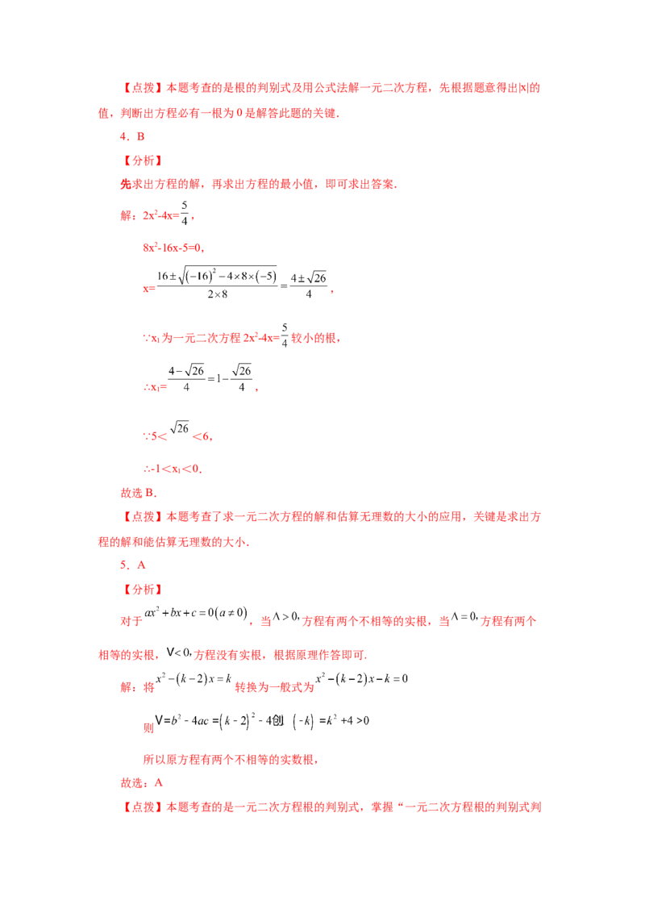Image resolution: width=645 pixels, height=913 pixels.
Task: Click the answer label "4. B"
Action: tap(132, 137)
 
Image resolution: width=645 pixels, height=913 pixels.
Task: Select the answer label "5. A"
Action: tap(133, 565)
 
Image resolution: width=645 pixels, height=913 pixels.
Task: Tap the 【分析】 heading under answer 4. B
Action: tap(142, 161)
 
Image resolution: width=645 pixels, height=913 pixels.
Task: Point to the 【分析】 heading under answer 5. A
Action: tap(142, 590)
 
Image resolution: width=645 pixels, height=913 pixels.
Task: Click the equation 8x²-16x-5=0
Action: tap(173, 248)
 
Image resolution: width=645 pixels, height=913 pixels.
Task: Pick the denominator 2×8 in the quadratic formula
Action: tap(218, 294)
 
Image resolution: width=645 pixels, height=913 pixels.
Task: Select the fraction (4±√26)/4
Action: tap(309, 285)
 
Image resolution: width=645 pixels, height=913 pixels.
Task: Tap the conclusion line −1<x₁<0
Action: tap(173, 469)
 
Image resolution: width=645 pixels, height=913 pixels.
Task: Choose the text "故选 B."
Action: tap(139, 493)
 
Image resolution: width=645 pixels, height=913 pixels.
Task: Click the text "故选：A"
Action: tap(141, 783)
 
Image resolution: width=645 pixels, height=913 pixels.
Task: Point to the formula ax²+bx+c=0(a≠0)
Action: tap(196, 613)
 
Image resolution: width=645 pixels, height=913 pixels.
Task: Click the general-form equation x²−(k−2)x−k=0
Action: tap(361, 679)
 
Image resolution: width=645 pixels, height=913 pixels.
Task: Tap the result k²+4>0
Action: tap(347, 721)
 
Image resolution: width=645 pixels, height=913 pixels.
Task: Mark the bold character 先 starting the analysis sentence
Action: tap(127, 185)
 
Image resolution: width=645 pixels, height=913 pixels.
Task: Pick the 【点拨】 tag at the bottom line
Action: tap(142, 807)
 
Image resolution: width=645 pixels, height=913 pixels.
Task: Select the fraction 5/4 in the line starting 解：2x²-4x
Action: tap(185, 213)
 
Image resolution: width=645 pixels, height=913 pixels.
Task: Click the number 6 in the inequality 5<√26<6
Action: tap(206, 436)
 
